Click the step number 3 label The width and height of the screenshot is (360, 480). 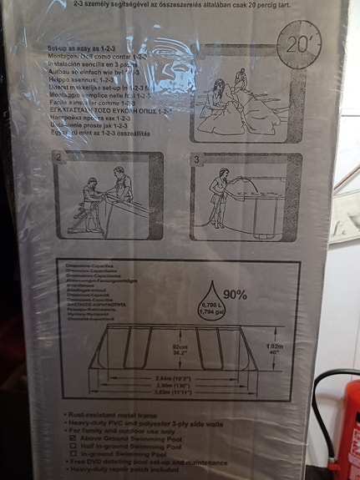pyautogui.click(x=197, y=158)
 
